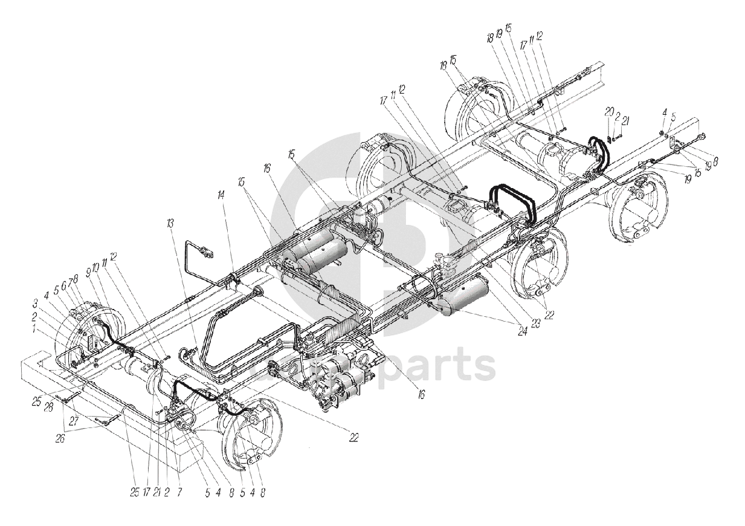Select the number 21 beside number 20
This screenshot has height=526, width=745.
625,121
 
